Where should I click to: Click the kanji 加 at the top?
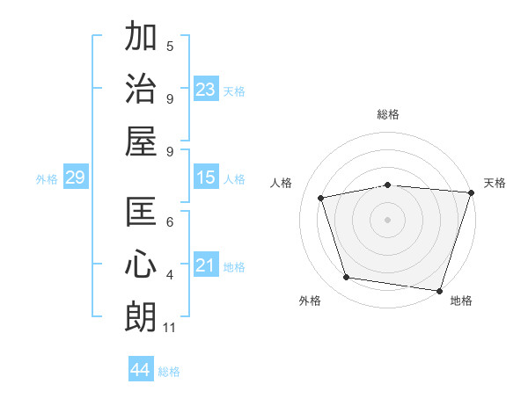click(x=141, y=37)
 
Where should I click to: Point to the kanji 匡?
click(x=141, y=212)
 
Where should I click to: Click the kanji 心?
click(x=141, y=264)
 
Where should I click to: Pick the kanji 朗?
click(x=141, y=315)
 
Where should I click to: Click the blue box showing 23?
click(x=206, y=90)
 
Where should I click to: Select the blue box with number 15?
click(x=206, y=178)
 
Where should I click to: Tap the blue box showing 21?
click(x=206, y=266)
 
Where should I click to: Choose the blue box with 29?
click(x=75, y=178)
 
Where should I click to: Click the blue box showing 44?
click(x=140, y=370)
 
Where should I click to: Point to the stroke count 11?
click(x=170, y=329)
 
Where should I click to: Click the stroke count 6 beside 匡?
click(x=170, y=223)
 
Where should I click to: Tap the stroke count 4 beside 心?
click(x=170, y=276)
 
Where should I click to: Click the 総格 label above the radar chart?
click(x=388, y=114)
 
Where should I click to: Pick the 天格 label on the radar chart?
click(x=495, y=183)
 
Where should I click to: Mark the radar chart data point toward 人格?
click(x=321, y=198)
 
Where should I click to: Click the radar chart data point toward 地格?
click(x=440, y=290)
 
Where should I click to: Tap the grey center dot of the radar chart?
click(x=388, y=219)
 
